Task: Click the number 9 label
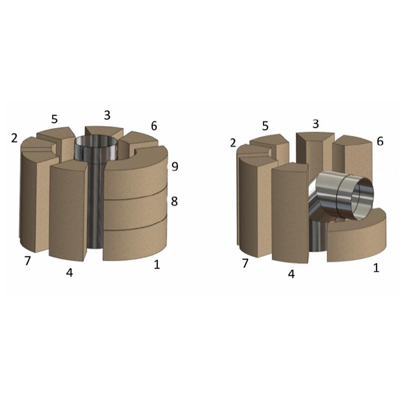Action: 175,167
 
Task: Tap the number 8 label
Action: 174,201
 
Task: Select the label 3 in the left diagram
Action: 107,115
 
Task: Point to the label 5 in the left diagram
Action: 55,119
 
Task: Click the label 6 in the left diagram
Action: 154,126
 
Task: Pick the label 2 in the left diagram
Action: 14,138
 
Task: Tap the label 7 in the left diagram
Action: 27,261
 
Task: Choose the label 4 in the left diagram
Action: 69,273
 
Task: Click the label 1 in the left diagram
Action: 157,264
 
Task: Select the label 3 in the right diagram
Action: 316,124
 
